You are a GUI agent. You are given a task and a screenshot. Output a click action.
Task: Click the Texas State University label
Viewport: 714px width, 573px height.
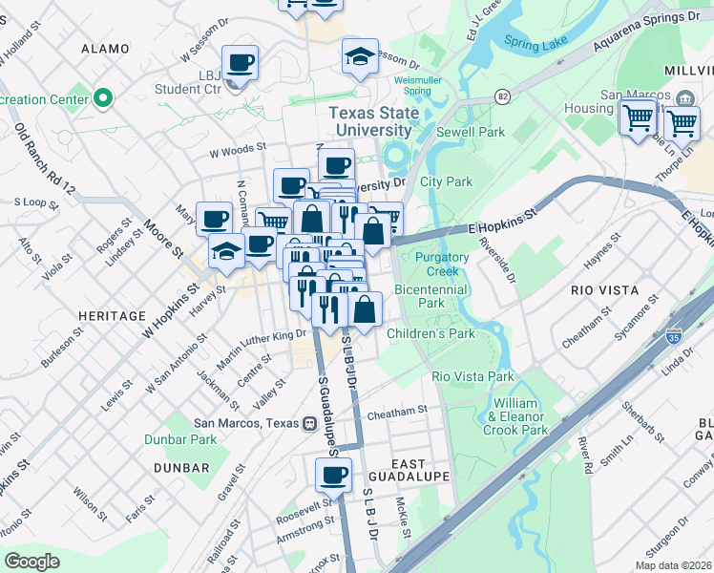(374, 121)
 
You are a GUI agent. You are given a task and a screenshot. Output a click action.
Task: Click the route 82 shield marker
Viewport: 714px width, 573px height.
(502, 95)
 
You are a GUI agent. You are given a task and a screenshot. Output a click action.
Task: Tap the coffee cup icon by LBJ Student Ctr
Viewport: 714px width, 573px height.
(240, 63)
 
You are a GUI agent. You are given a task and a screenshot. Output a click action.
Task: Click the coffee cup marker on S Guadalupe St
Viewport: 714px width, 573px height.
(333, 474)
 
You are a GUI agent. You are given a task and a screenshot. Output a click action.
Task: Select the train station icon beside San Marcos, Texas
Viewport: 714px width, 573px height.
(309, 423)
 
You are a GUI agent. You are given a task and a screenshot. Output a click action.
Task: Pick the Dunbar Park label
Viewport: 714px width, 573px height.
(180, 439)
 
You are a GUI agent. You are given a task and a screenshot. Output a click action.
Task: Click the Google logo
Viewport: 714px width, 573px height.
(32, 561)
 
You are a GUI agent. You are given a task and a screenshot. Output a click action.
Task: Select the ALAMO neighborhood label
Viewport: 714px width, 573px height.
(105, 49)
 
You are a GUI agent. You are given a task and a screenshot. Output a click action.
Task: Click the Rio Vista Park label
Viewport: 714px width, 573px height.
(472, 376)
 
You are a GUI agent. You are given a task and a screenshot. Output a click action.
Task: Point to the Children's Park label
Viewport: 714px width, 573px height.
(430, 333)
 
